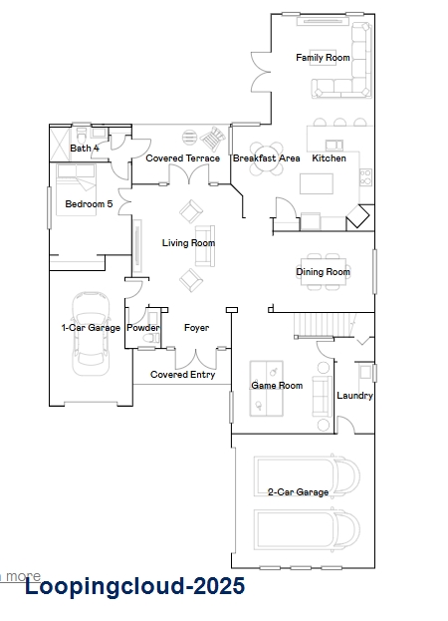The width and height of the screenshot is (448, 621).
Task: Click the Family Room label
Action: [x=323, y=58]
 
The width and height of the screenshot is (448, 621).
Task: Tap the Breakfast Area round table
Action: [x=266, y=158]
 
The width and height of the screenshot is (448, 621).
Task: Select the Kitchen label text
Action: [x=329, y=158]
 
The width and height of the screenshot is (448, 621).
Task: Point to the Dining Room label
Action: [x=323, y=272]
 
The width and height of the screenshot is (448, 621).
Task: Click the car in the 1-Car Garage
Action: [x=91, y=334]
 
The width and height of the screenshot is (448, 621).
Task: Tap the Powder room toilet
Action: [x=151, y=339]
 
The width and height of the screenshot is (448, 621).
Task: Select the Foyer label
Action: [x=196, y=328]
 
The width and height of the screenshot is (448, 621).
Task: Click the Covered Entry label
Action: [x=182, y=375]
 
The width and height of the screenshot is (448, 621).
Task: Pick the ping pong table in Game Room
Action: [x=267, y=388]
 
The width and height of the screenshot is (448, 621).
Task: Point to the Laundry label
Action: [x=354, y=396]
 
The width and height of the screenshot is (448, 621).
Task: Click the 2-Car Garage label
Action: [x=298, y=492]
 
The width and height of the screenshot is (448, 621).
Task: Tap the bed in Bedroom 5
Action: [x=77, y=190]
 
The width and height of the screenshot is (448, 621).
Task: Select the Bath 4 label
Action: [x=85, y=149]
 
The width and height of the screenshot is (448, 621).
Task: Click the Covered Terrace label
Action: [x=182, y=158]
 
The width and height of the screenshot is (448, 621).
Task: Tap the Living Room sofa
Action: [x=205, y=246]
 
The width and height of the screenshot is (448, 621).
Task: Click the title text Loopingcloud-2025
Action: [x=134, y=586]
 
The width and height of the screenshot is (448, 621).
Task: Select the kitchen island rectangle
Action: [x=317, y=183]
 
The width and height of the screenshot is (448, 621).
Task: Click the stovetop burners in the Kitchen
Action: [x=365, y=177]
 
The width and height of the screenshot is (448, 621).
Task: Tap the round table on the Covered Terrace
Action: [x=189, y=137]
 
